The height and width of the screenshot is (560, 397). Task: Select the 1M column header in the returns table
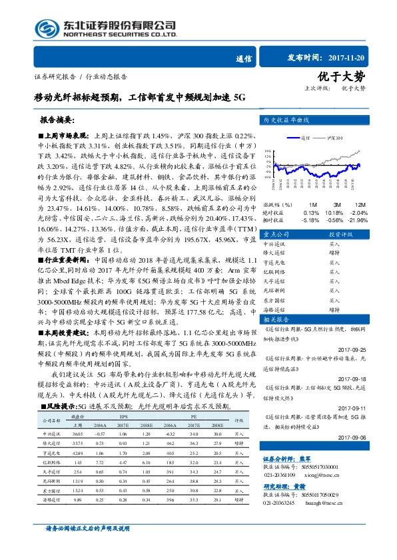point(313,205)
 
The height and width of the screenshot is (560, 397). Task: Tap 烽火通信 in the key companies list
point(275,253)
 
